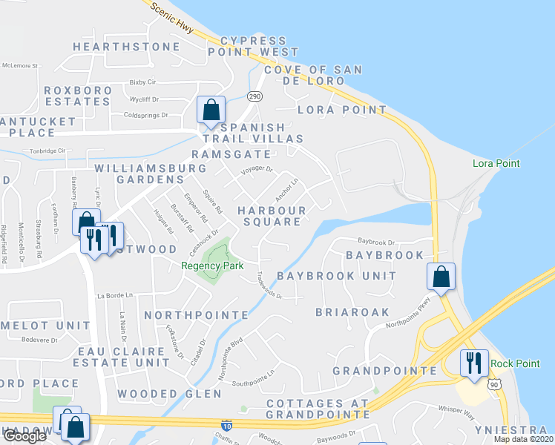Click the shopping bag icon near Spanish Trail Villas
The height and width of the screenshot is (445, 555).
(211, 110)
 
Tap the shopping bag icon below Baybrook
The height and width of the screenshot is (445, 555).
(441, 277)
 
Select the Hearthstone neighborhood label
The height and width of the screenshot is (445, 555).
(126, 47)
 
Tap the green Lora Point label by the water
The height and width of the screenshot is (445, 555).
(496, 163)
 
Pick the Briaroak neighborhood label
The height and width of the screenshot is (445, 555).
(352, 312)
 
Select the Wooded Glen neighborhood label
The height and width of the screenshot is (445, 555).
(159, 394)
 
